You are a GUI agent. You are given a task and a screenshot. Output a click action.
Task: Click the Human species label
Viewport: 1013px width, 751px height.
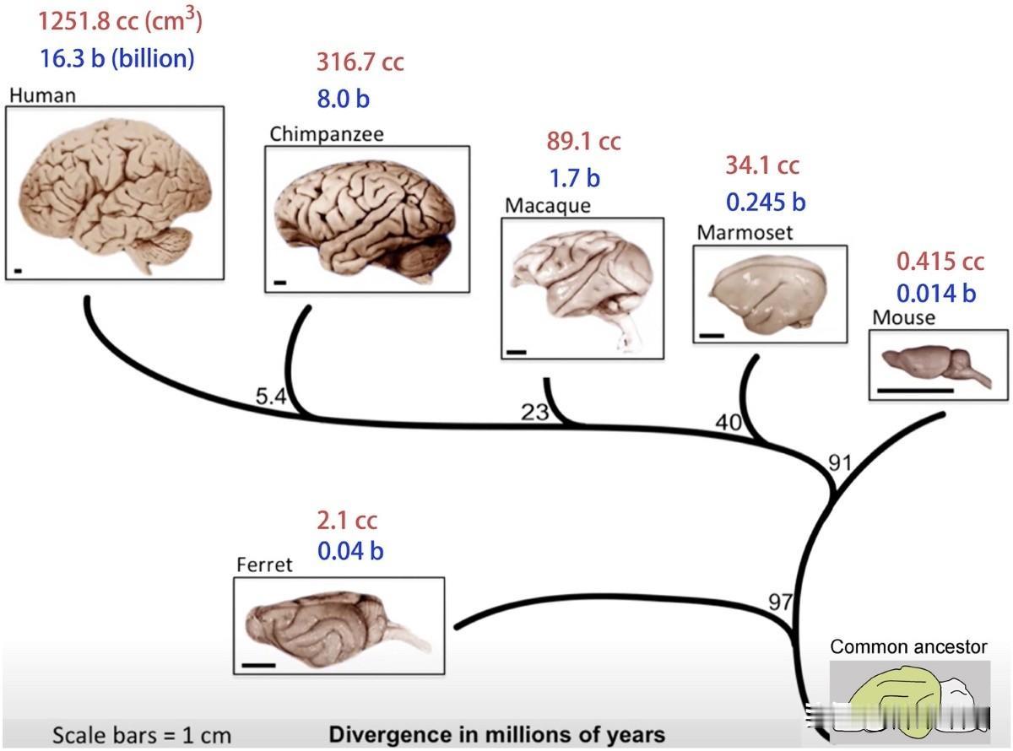coord(42,95)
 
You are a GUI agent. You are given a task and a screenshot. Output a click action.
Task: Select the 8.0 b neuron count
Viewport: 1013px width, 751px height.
coord(343,99)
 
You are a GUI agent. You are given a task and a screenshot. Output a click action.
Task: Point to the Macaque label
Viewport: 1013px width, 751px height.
coord(548,205)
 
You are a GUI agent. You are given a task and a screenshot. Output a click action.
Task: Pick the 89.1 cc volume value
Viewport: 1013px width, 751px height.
coord(583,141)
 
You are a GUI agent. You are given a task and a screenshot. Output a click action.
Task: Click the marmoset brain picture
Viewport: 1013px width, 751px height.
coord(769,294)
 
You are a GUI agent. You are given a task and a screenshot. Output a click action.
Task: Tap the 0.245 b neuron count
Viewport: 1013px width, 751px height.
coord(766,203)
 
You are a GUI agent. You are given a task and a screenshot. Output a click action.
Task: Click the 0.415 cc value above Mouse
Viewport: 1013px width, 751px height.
coord(940,262)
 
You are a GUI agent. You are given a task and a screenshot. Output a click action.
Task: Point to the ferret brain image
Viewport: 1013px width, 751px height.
coord(338,625)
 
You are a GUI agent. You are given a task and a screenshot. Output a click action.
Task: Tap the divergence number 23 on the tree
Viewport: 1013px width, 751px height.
coord(534,413)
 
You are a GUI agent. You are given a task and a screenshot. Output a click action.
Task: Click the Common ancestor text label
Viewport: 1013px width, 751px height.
coord(908,647)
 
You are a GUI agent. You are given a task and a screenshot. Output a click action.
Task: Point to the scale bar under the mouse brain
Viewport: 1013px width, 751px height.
coord(915,391)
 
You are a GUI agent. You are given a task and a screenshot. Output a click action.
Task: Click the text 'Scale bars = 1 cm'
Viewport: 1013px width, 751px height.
coord(141,735)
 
